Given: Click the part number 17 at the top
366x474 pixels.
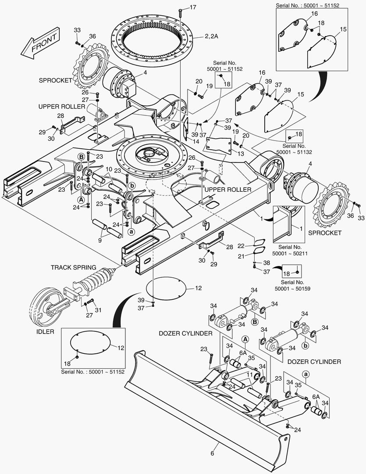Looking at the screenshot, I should point(193,7).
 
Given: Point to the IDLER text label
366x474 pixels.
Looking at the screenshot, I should point(45,332).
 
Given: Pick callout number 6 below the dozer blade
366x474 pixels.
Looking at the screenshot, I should point(213,453).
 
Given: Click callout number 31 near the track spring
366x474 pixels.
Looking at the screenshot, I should point(98,310).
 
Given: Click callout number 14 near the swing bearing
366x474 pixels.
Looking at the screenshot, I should point(195,141).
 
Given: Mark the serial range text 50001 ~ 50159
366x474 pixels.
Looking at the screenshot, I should point(292,288).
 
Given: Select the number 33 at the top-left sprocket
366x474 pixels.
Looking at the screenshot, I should point(77,30).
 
